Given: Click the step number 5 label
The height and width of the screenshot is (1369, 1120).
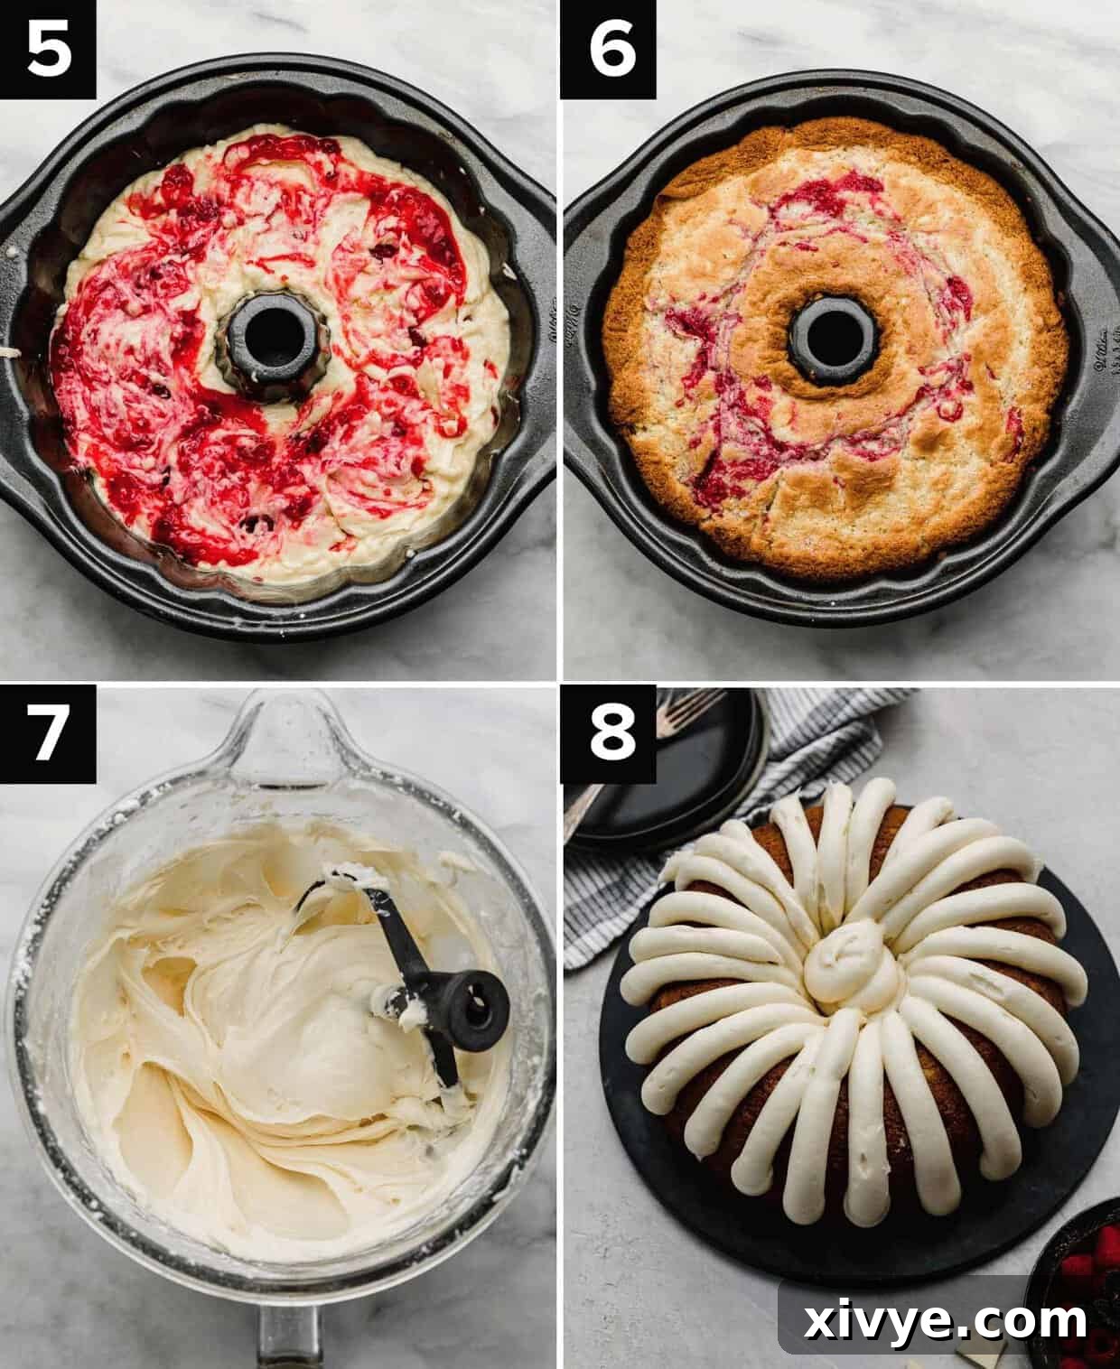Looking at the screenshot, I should coord(48,50).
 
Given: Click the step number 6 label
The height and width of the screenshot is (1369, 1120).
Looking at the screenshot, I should coord(608,50).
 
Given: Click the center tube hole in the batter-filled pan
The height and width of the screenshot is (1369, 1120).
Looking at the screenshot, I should coord(266,333).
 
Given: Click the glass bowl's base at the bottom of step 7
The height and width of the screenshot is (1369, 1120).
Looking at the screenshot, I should coord(287,1336).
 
